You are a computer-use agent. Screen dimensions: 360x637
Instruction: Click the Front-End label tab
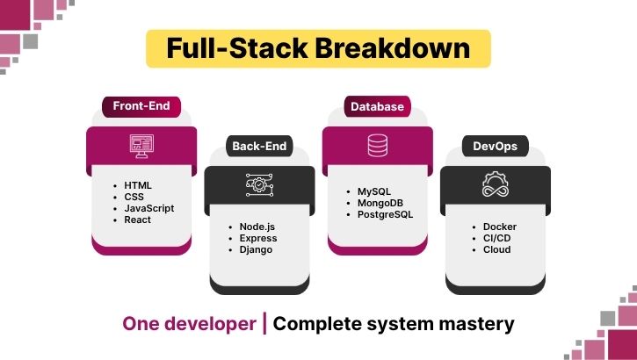coord(141,107)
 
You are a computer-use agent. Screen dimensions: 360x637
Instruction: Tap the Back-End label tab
coord(258,146)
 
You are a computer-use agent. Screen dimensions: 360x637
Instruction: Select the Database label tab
coord(377,107)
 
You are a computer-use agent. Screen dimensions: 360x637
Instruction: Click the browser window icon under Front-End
coord(141,146)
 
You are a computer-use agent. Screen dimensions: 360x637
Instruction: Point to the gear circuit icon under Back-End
coord(258,185)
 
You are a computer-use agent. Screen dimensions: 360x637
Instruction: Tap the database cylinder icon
coord(377,146)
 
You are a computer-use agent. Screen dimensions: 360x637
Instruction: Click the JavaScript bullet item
coord(149,208)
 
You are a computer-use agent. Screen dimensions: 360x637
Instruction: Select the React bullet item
coord(138,220)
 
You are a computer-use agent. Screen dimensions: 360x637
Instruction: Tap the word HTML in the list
coord(138,185)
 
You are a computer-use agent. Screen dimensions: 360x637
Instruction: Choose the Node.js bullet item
coord(257,227)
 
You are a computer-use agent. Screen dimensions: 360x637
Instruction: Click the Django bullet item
coord(257,249)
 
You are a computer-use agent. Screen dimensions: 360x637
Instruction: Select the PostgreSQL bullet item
coord(385,214)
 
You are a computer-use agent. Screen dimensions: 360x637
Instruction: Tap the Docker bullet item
coord(499,227)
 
